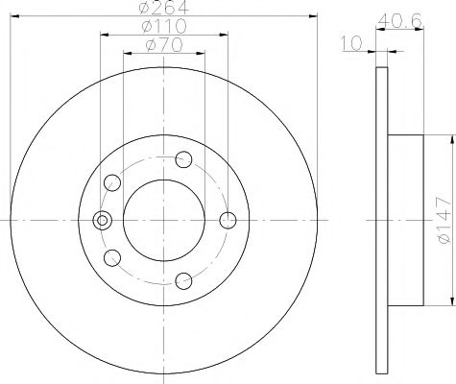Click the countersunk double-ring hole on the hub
pos(100,220)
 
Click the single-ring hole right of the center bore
pos(228,221)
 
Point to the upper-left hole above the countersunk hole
pos(112,181)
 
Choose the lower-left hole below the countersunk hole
pos(112,257)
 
